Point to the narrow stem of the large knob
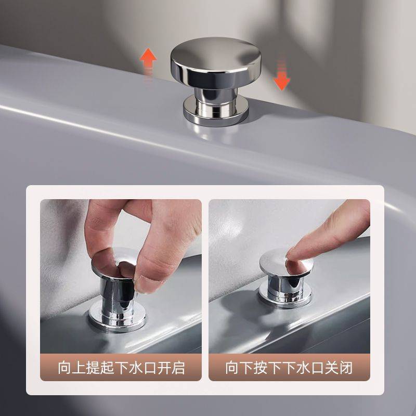point(216,99)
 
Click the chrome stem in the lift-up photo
point(116,297)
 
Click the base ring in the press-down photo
point(285,294)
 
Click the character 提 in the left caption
point(93,368)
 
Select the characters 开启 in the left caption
point(171,368)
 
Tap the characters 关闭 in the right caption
point(339,368)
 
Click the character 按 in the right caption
point(261,368)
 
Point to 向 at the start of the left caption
point(64,368)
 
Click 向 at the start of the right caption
point(232,368)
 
